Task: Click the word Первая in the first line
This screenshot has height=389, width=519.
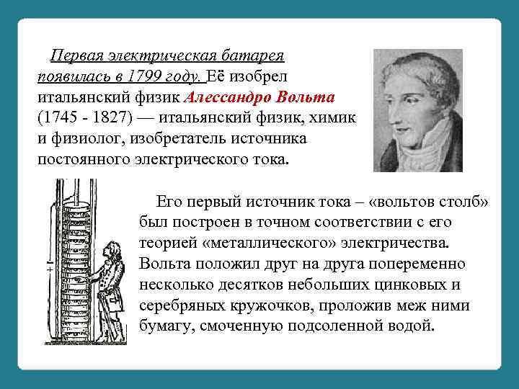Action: coord(73,56)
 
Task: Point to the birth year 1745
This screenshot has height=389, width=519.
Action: coord(60,117)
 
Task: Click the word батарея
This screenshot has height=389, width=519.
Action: coord(252,56)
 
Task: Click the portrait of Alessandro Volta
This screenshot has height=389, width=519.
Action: coord(417,109)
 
